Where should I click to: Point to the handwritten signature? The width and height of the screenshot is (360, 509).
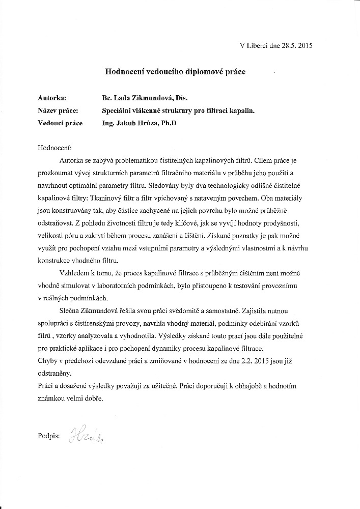point(88,436)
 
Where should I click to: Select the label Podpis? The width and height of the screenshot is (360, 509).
point(49,436)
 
